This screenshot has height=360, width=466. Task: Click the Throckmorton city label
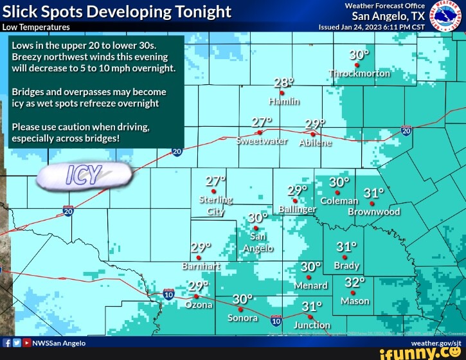tap(360, 73)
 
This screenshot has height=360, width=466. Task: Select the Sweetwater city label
tap(262, 141)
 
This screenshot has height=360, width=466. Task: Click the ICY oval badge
tap(84, 176)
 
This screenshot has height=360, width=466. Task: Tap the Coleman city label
tap(339, 201)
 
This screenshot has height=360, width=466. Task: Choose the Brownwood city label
tap(373, 212)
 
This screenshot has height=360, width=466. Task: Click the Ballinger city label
tap(298, 210)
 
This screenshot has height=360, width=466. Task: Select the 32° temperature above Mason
tap(354, 283)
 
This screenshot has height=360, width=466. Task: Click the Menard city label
tap(310, 285)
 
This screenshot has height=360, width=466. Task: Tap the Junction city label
tap(312, 325)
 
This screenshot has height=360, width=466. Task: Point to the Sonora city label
tap(242, 318)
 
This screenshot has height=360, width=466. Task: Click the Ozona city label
tap(199, 305)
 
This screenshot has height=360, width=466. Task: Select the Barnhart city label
tap(201, 265)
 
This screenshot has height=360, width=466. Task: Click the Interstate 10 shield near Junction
tap(276, 320)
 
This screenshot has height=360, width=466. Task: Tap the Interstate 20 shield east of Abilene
tap(406, 130)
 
